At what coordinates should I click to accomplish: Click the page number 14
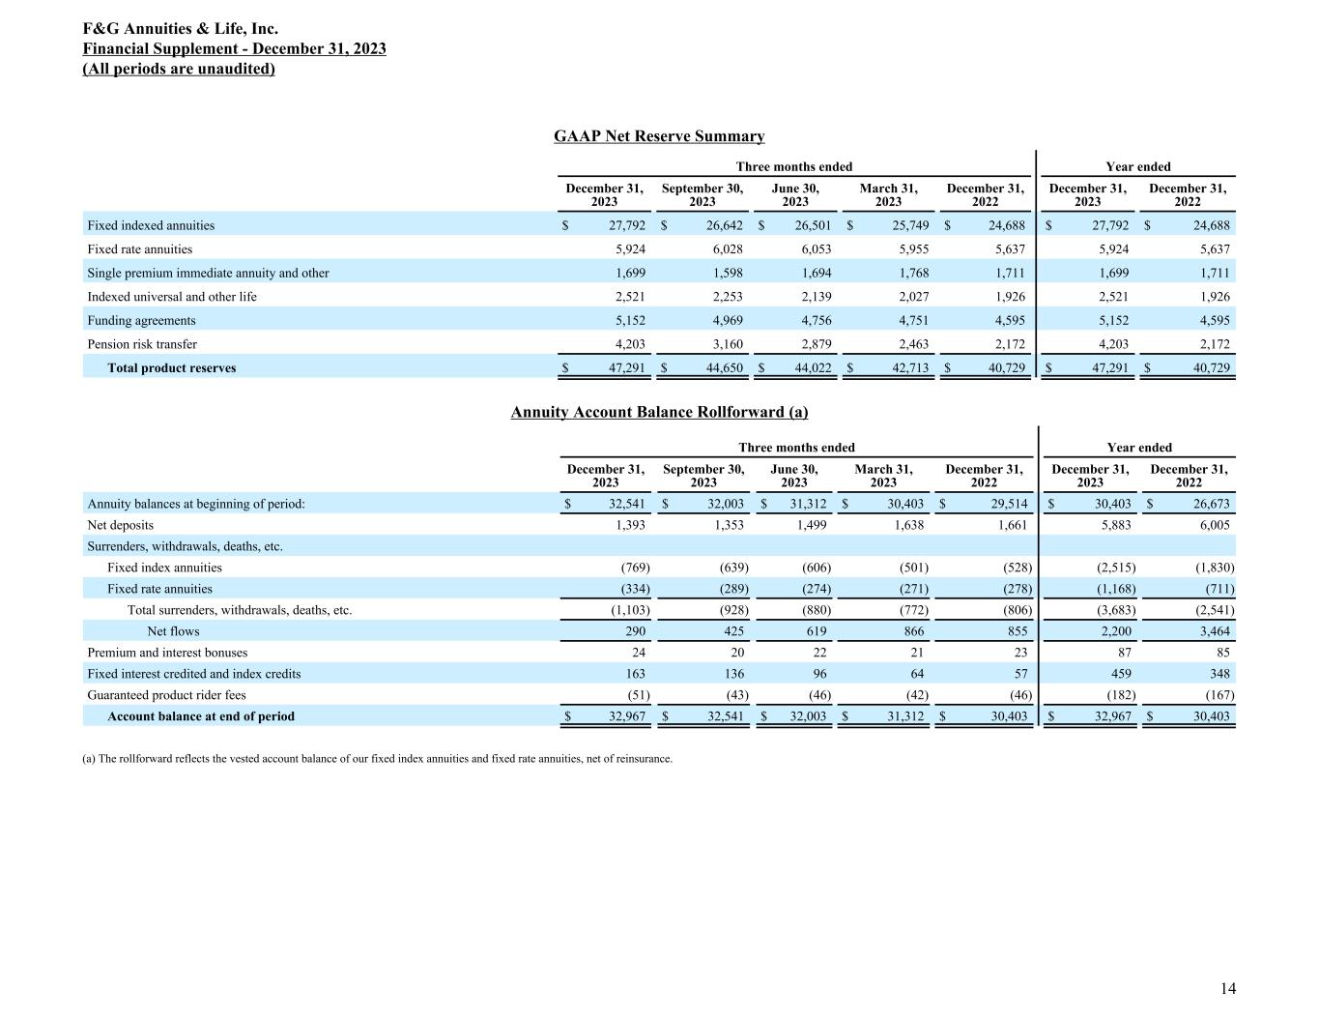(1227, 988)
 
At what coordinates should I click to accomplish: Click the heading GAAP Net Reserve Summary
(659, 136)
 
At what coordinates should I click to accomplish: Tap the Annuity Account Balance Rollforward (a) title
(659, 412)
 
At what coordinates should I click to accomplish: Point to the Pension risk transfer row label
(142, 344)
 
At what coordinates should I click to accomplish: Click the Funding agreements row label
(141, 320)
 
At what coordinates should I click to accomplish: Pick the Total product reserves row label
(171, 368)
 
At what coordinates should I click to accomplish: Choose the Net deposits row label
(121, 525)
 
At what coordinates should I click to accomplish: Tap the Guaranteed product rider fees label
(166, 695)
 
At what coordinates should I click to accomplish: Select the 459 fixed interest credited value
(1120, 674)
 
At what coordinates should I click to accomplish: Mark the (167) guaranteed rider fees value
(1215, 695)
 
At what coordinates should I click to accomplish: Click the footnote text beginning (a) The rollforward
(378, 759)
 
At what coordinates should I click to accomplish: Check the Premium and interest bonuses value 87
(1122, 653)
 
